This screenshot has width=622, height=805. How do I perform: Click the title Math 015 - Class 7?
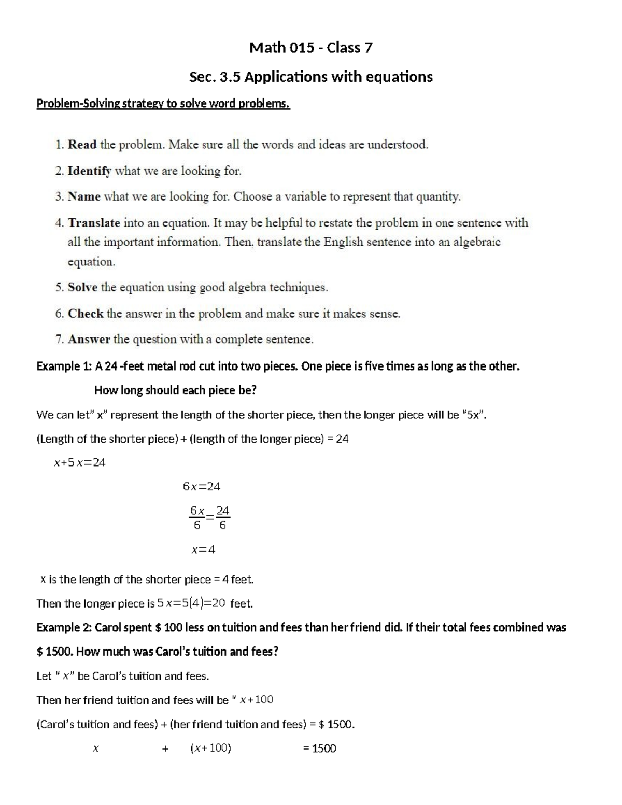coord(310,48)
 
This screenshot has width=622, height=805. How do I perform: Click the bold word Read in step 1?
coord(82,145)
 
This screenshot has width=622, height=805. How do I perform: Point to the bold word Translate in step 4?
coord(94,223)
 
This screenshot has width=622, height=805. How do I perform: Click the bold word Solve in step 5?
coord(82,287)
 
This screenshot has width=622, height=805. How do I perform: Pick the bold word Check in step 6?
coord(86,314)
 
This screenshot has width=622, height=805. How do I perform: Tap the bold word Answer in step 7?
coord(89,340)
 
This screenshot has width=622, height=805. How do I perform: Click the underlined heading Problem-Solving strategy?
coord(163,104)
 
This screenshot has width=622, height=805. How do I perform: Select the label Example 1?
coord(64,366)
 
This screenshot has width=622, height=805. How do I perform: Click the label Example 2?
coord(64,628)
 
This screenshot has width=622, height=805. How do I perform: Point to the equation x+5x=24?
coord(80,463)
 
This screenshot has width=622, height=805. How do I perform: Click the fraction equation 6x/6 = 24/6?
coord(209,518)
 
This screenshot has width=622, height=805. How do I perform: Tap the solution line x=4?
coord(203,549)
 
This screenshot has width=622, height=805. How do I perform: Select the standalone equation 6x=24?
coord(202,487)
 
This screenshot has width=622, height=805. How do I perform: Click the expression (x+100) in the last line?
coord(210,748)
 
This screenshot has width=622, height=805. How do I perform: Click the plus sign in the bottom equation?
coord(165,748)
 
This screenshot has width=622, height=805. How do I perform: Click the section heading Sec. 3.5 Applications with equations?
coord(310,77)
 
